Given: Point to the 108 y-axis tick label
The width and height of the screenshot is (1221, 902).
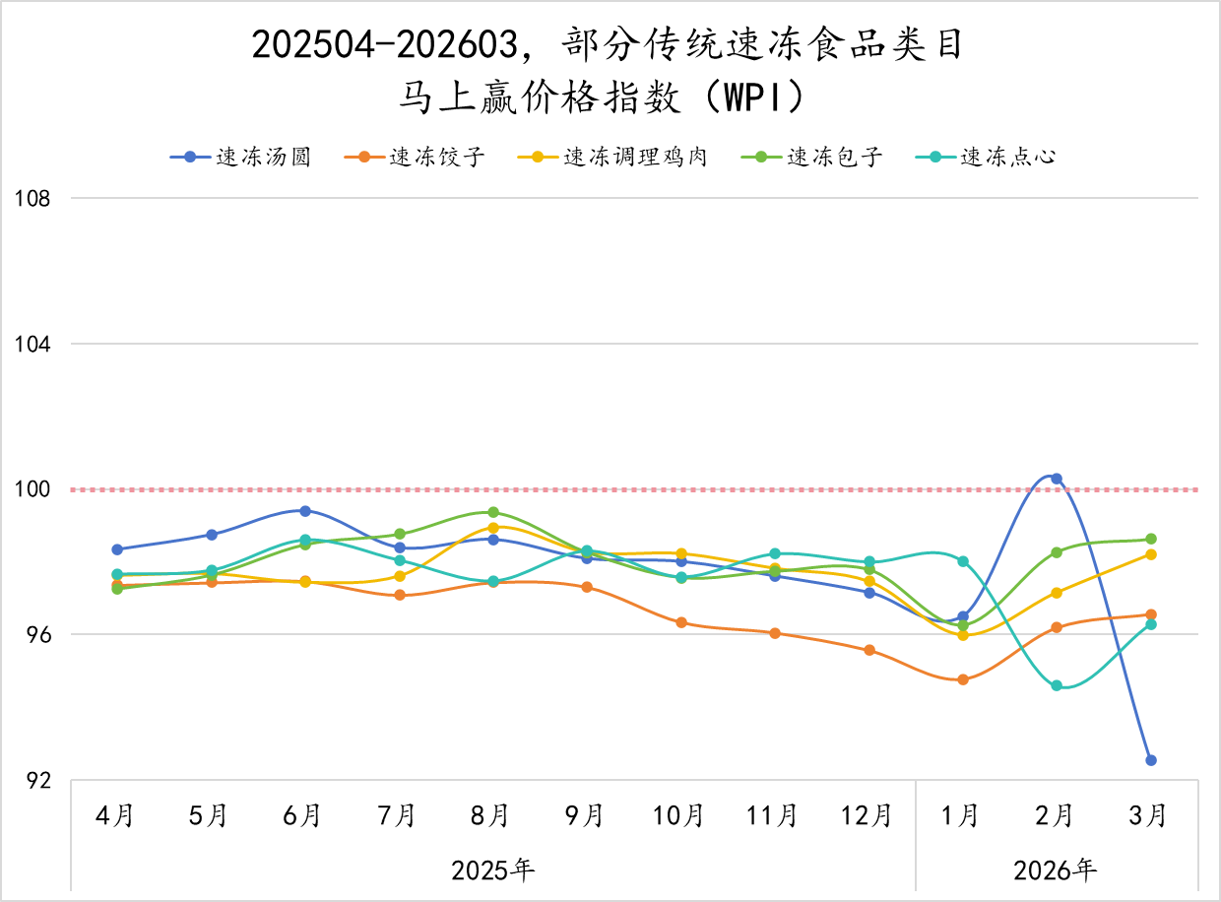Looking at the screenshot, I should click(x=32, y=198).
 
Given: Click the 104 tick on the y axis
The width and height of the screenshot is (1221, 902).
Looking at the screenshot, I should click(x=32, y=344).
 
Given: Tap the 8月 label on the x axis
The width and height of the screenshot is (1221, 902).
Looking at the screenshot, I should click(x=489, y=816).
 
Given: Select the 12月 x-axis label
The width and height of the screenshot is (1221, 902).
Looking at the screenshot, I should click(x=866, y=816).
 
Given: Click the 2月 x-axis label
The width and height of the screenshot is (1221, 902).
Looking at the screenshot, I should click(x=1055, y=816).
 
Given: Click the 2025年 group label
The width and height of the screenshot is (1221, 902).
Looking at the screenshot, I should click(x=492, y=870).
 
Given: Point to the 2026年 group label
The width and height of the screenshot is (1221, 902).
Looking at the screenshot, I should click(x=1055, y=870).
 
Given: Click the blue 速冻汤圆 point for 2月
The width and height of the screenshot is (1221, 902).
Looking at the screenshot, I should click(x=1057, y=479).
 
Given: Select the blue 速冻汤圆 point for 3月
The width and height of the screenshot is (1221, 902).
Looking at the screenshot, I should click(x=1150, y=760).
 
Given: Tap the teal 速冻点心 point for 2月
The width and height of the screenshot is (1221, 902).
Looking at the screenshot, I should click(x=1057, y=685).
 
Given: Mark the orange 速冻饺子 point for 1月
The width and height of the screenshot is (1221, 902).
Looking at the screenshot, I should click(x=962, y=679).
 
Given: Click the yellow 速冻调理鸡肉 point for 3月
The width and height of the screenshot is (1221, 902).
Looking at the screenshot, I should click(x=1150, y=554).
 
